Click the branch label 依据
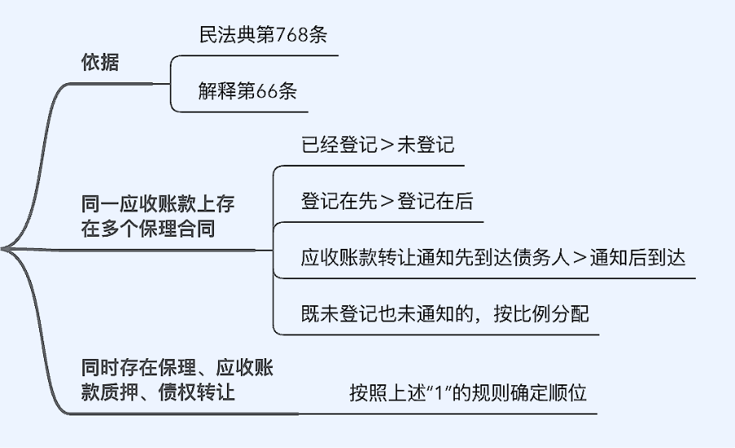click(x=100, y=62)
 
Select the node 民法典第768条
click(x=263, y=35)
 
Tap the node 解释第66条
click(x=247, y=91)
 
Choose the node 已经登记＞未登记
click(x=377, y=146)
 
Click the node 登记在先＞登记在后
click(x=386, y=202)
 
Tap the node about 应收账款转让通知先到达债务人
click(x=492, y=258)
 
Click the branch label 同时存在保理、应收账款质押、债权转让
click(x=176, y=379)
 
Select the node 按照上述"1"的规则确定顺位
click(x=467, y=393)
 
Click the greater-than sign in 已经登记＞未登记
click(x=388, y=147)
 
